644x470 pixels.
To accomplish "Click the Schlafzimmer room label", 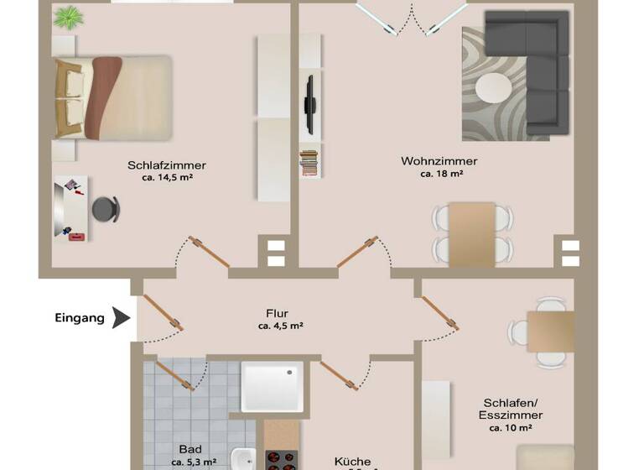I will pyautogui.click(x=167, y=165).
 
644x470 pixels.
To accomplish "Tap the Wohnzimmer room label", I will pyautogui.click(x=439, y=161).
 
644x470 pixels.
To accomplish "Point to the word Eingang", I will pyautogui.click(x=80, y=318).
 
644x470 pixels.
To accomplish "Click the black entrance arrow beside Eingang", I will pyautogui.click(x=122, y=318).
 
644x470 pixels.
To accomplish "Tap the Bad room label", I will pyautogui.click(x=190, y=449).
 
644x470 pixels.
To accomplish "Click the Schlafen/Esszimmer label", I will pyautogui.click(x=512, y=409).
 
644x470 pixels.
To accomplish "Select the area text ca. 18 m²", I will pyautogui.click(x=442, y=175).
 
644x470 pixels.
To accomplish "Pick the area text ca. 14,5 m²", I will pyautogui.click(x=168, y=178).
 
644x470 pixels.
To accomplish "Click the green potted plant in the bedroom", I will pyautogui.click(x=69, y=17).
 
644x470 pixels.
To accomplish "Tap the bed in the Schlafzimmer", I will pyautogui.click(x=113, y=97).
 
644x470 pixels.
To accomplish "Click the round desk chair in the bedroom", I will pyautogui.click(x=105, y=207).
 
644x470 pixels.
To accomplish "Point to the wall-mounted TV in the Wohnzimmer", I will pyautogui.click(x=309, y=105).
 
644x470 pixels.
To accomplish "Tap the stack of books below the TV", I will pyautogui.click(x=309, y=161).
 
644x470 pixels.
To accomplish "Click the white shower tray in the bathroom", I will pyautogui.click(x=272, y=387).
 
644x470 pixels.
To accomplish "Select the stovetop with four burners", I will pyautogui.click(x=282, y=459).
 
